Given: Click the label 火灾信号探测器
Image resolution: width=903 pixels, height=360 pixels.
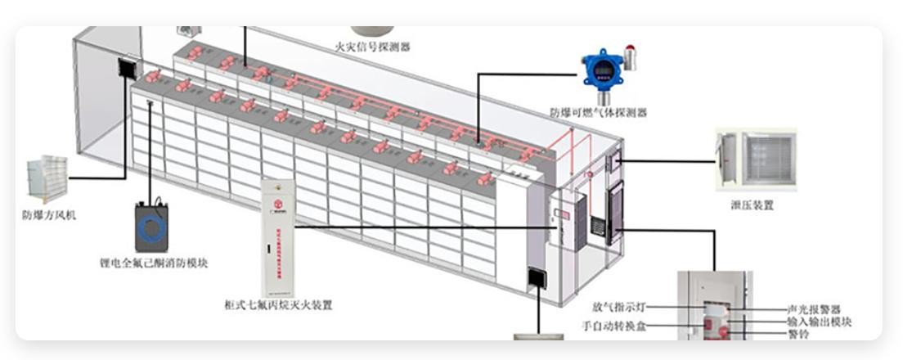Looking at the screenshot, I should [372, 47].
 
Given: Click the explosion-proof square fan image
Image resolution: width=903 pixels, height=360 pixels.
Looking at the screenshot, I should [47, 178].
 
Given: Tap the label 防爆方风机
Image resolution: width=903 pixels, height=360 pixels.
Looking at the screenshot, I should [49, 216].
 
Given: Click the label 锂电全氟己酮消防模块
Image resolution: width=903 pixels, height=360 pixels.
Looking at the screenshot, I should [152, 263].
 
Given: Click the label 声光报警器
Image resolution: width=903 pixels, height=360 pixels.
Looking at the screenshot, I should [813, 310].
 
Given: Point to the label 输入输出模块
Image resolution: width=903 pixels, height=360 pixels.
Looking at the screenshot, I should [819, 322].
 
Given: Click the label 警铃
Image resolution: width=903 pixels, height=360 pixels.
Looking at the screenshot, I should [798, 335].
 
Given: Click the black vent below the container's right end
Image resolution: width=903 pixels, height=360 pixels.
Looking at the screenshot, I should [537, 278].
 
